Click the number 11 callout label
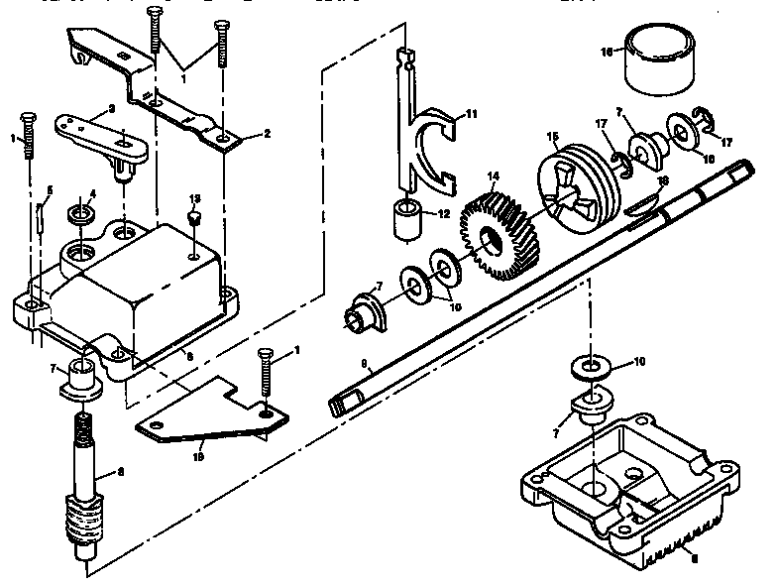pos(472,114)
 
